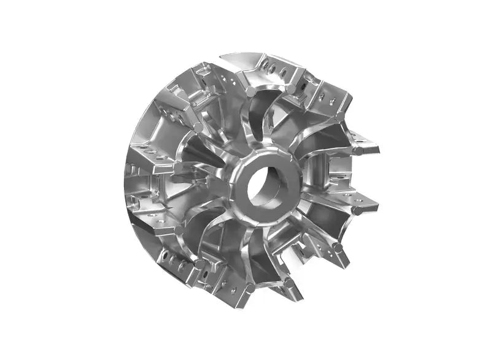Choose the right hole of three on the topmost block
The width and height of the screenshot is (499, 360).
point(284,73)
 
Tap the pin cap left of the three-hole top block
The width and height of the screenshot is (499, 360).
point(251,91)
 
